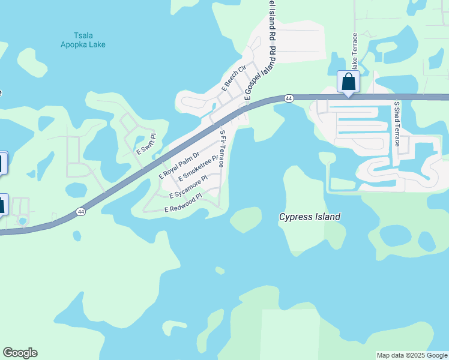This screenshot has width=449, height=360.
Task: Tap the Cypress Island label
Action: coord(310,217)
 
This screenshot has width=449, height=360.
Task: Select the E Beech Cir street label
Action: coord(234,77)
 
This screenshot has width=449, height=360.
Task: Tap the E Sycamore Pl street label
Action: coord(188,187)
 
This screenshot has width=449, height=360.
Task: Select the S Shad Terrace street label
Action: coord(396,124)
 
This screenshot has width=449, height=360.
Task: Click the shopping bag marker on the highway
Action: coord(348,82)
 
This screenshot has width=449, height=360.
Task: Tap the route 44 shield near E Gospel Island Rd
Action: coord(289,98)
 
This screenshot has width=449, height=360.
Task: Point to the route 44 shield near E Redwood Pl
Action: coord(80,211)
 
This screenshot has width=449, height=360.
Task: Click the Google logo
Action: coord(20,353)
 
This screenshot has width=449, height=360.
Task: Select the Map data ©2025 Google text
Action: coord(412,355)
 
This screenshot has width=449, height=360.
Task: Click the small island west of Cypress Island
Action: coord(246,220)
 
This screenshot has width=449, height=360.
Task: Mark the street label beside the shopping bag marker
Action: coord(355,55)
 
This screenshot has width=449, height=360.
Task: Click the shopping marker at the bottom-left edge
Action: coord(2,205)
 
